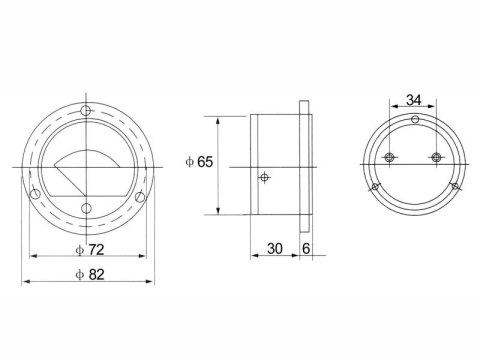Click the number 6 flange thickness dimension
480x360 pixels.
(306, 248)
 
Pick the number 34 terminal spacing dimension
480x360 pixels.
(413, 100)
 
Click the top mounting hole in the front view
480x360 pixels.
(88, 109)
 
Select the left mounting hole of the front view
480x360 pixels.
(36, 194)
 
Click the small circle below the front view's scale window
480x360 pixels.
(88, 207)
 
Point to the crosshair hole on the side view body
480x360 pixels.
(264, 178)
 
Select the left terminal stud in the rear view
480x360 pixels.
(391, 157)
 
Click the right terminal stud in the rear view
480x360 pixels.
(436, 157)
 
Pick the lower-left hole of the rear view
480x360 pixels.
(375, 187)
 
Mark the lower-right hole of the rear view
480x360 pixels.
(455, 187)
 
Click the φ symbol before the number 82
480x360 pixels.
(80, 273)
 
